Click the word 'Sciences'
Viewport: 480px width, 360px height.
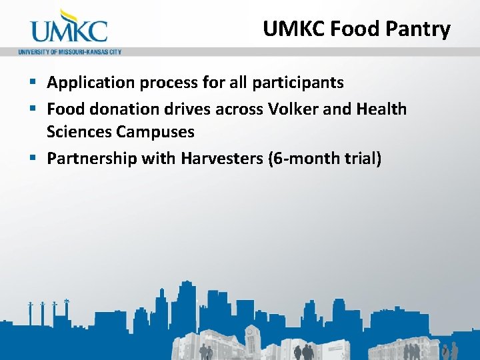pyautogui.click(x=79, y=131)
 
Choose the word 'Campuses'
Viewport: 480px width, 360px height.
pyautogui.click(x=155, y=131)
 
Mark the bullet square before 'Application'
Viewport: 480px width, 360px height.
pyautogui.click(x=33, y=83)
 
